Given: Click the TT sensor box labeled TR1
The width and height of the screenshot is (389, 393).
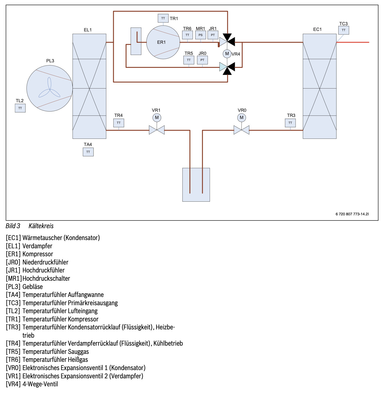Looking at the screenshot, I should [163, 18].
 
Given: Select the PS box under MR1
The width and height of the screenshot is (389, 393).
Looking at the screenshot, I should [200, 35].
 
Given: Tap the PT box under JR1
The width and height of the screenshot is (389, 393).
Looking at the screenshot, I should [213, 35].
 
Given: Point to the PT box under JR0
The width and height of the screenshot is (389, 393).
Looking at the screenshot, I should [202, 60].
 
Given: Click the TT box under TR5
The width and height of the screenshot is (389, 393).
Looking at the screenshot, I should [189, 60].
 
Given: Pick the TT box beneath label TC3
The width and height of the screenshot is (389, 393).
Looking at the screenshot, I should [343, 30].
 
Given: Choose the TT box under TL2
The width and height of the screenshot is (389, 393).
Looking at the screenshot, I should [20, 108].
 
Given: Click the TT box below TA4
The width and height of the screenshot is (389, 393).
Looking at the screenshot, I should [88, 152].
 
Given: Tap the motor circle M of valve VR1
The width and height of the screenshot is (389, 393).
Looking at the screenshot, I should [157, 118].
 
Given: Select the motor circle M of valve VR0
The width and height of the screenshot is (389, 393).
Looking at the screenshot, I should [241, 118].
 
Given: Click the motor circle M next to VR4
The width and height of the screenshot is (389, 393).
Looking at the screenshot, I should [227, 54].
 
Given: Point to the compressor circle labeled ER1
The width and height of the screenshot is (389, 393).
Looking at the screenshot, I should [163, 42].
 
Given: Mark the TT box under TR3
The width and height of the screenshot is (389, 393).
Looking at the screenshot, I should [290, 123].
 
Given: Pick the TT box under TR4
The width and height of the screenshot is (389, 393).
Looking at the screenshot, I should [119, 123].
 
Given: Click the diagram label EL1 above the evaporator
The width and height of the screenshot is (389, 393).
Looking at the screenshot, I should [88, 30].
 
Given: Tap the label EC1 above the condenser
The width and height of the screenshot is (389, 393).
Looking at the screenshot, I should [317, 29].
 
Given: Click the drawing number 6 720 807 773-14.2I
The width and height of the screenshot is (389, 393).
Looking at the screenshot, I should [352, 214].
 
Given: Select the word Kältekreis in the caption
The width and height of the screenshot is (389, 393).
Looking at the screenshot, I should [41, 226].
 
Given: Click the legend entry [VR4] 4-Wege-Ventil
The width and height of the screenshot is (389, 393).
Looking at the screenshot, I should [32, 384].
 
